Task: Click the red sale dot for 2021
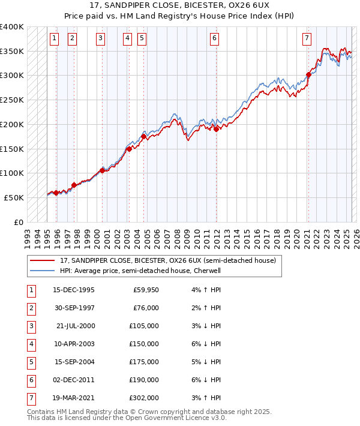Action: (308, 75)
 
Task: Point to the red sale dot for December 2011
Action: (216, 129)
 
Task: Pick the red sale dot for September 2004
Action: (144, 137)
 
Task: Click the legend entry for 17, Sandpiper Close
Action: (167, 260)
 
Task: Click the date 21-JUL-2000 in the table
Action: (75, 326)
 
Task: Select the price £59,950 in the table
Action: (146, 290)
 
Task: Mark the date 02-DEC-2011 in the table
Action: (74, 380)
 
